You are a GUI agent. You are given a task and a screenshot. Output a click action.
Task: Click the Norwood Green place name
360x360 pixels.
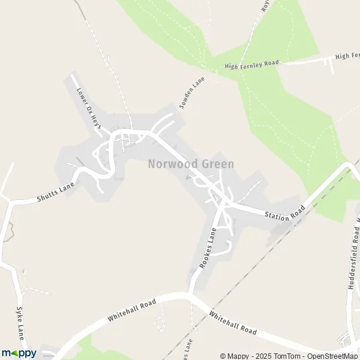point(191,163)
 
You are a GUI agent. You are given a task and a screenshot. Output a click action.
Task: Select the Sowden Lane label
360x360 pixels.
point(192,92)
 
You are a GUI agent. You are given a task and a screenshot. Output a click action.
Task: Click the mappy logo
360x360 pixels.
point(19,353)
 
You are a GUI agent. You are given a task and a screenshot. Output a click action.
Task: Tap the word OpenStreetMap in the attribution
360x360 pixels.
point(332,355)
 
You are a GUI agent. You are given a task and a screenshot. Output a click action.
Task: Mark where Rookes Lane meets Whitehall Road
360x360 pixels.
point(191,294)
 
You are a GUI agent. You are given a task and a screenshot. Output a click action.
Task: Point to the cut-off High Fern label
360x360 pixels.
point(347,56)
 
